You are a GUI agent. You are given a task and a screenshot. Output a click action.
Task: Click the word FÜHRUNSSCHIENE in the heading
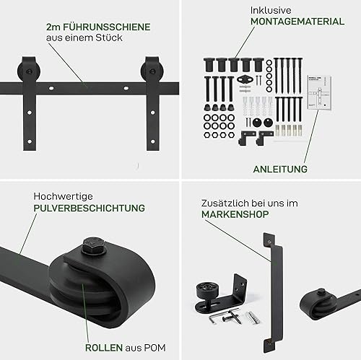(107, 27)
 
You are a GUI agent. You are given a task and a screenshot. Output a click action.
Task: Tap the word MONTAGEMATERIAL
(297, 22)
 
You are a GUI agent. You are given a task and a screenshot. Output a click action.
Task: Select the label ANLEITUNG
(280, 169)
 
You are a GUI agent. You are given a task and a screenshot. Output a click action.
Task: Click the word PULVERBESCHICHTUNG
(90, 208)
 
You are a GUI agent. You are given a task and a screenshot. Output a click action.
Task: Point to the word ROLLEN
(104, 348)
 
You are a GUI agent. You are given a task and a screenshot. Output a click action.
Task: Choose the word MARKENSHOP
(235, 214)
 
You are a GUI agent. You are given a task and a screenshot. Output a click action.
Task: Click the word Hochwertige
(63, 196)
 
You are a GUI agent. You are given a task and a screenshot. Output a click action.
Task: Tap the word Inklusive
(271, 10)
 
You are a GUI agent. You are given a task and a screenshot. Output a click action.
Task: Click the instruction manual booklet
(319, 92)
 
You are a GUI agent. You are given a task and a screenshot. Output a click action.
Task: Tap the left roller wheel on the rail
(29, 71)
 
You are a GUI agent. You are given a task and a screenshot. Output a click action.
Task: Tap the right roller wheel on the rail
(152, 71)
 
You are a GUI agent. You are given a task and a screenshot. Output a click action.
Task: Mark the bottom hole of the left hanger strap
(30, 141)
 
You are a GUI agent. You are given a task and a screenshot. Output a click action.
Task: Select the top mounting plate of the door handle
(269, 240)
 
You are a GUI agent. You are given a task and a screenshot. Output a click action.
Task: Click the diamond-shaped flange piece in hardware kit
(245, 79)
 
